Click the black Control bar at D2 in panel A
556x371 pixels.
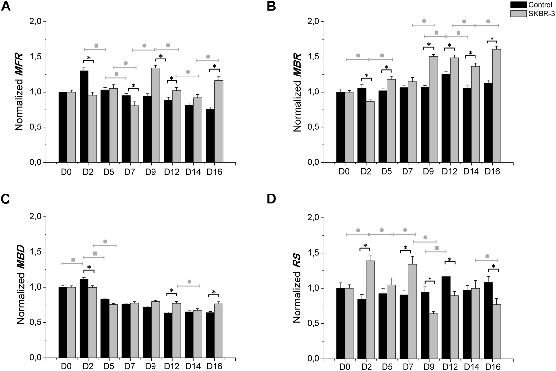84,116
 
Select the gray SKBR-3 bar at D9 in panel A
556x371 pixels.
155,115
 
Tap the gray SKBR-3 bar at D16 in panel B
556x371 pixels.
496,106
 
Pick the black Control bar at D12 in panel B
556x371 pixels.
446,118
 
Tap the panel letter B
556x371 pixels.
271,6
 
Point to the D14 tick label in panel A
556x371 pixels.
193,172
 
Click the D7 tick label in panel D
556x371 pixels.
407,367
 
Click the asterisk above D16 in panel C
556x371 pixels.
214,292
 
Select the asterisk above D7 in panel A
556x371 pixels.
133,86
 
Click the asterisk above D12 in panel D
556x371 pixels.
450,260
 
